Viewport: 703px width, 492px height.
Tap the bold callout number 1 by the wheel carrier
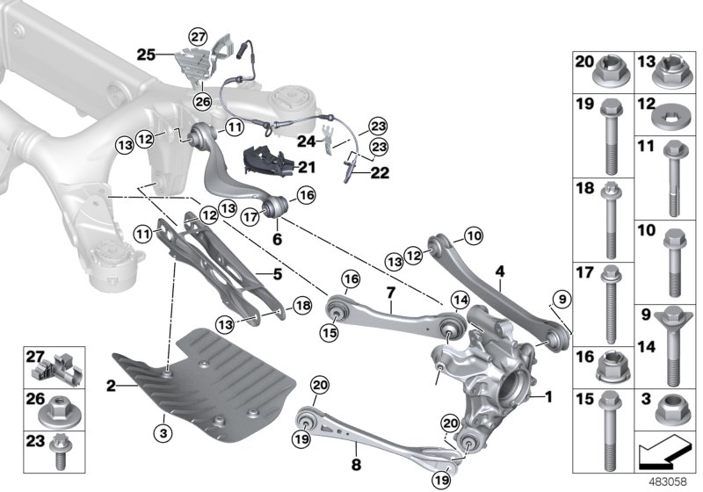click(x=549, y=396)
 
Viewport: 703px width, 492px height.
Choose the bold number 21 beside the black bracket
click(x=307, y=167)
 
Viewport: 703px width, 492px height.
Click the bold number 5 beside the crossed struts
click(x=278, y=273)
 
